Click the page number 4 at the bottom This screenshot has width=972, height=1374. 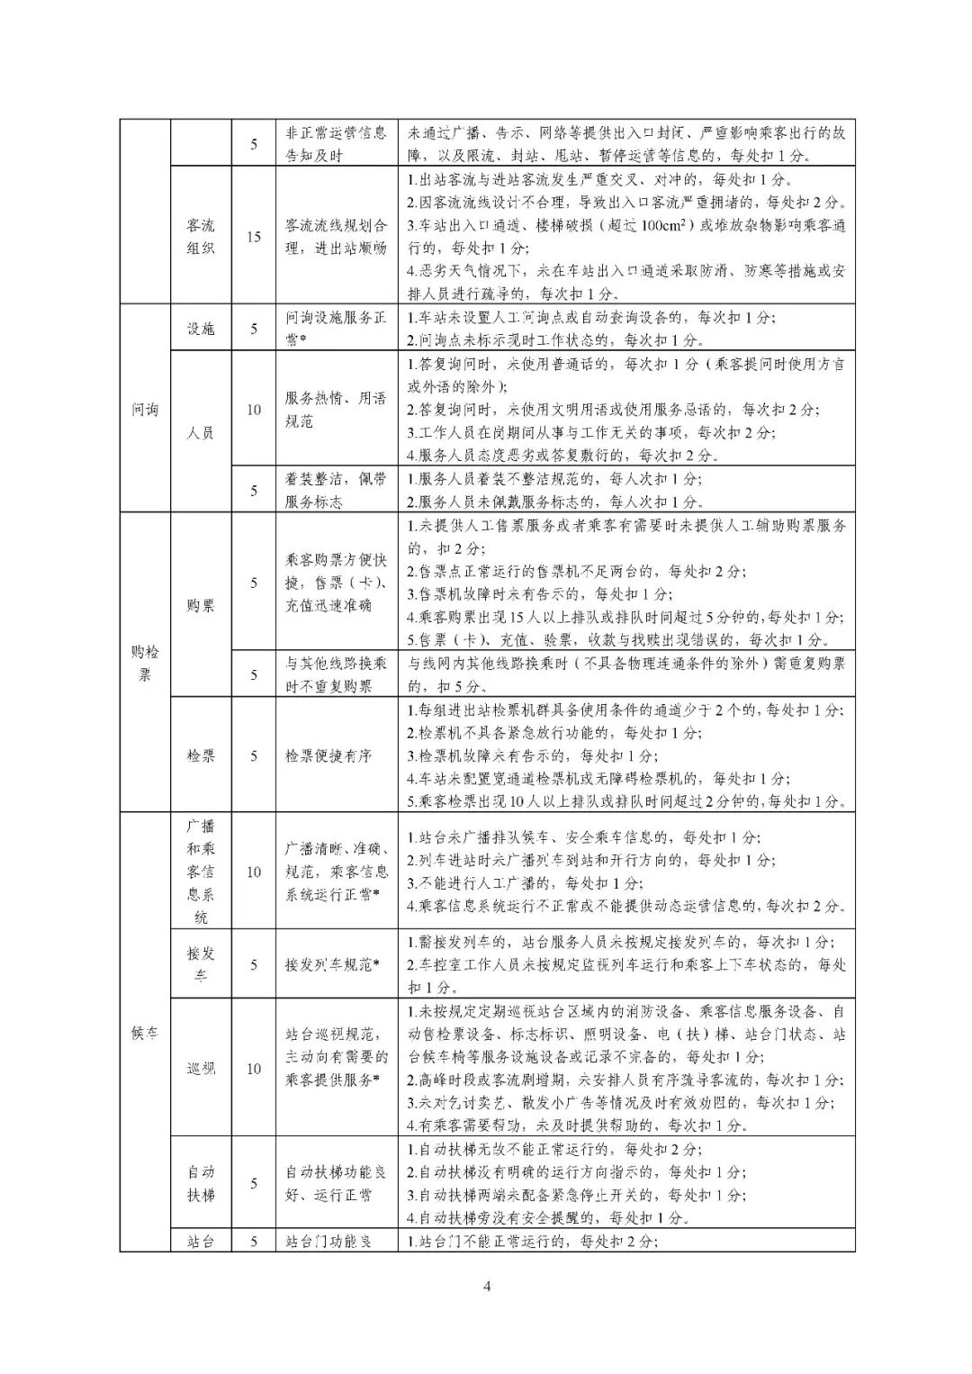[x=487, y=1286]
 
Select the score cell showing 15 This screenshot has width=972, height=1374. [x=254, y=237]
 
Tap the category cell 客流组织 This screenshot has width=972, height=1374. [x=201, y=236]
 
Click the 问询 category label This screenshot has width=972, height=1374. [x=145, y=410]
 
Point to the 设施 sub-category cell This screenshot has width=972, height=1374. [x=201, y=329]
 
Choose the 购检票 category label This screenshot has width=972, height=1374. [x=145, y=663]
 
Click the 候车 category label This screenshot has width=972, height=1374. [x=145, y=1033]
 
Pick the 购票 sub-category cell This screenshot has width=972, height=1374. [x=201, y=606]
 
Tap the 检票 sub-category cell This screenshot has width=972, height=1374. [x=201, y=755]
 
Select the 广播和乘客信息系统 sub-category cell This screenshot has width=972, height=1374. [x=201, y=871]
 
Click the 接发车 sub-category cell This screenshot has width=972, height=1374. [x=201, y=964]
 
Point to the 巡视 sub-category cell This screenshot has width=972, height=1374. [x=201, y=1069]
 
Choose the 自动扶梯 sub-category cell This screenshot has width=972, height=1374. [x=201, y=1183]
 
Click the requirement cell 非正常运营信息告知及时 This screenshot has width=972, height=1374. [x=336, y=143]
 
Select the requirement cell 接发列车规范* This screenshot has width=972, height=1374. [x=332, y=964]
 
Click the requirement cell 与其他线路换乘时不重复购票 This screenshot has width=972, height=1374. [x=336, y=674]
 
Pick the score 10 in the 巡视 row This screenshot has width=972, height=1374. [x=254, y=1069]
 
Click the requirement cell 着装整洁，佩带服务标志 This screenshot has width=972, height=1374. [x=336, y=491]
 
